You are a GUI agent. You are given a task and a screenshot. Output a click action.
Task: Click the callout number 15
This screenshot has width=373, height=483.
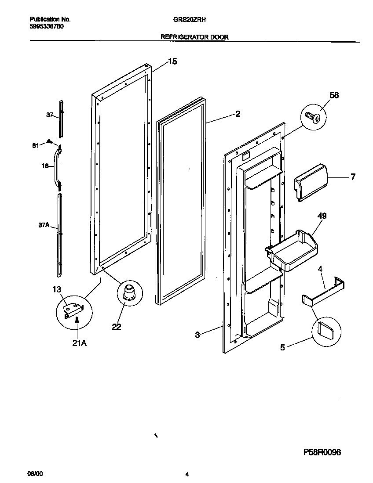[172, 61]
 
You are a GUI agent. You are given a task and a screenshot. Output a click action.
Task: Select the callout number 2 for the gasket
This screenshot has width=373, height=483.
[238, 114]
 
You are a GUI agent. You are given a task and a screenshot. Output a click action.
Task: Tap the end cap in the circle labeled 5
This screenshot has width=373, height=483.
[326, 328]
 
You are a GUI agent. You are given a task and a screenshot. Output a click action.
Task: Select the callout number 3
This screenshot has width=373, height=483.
[197, 335]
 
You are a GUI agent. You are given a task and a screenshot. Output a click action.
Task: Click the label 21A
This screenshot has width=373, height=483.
[80, 343]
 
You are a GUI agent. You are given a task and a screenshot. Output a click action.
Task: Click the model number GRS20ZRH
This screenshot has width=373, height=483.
[187, 20]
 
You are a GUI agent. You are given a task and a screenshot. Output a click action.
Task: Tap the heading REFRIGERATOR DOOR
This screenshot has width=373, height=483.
[194, 37]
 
